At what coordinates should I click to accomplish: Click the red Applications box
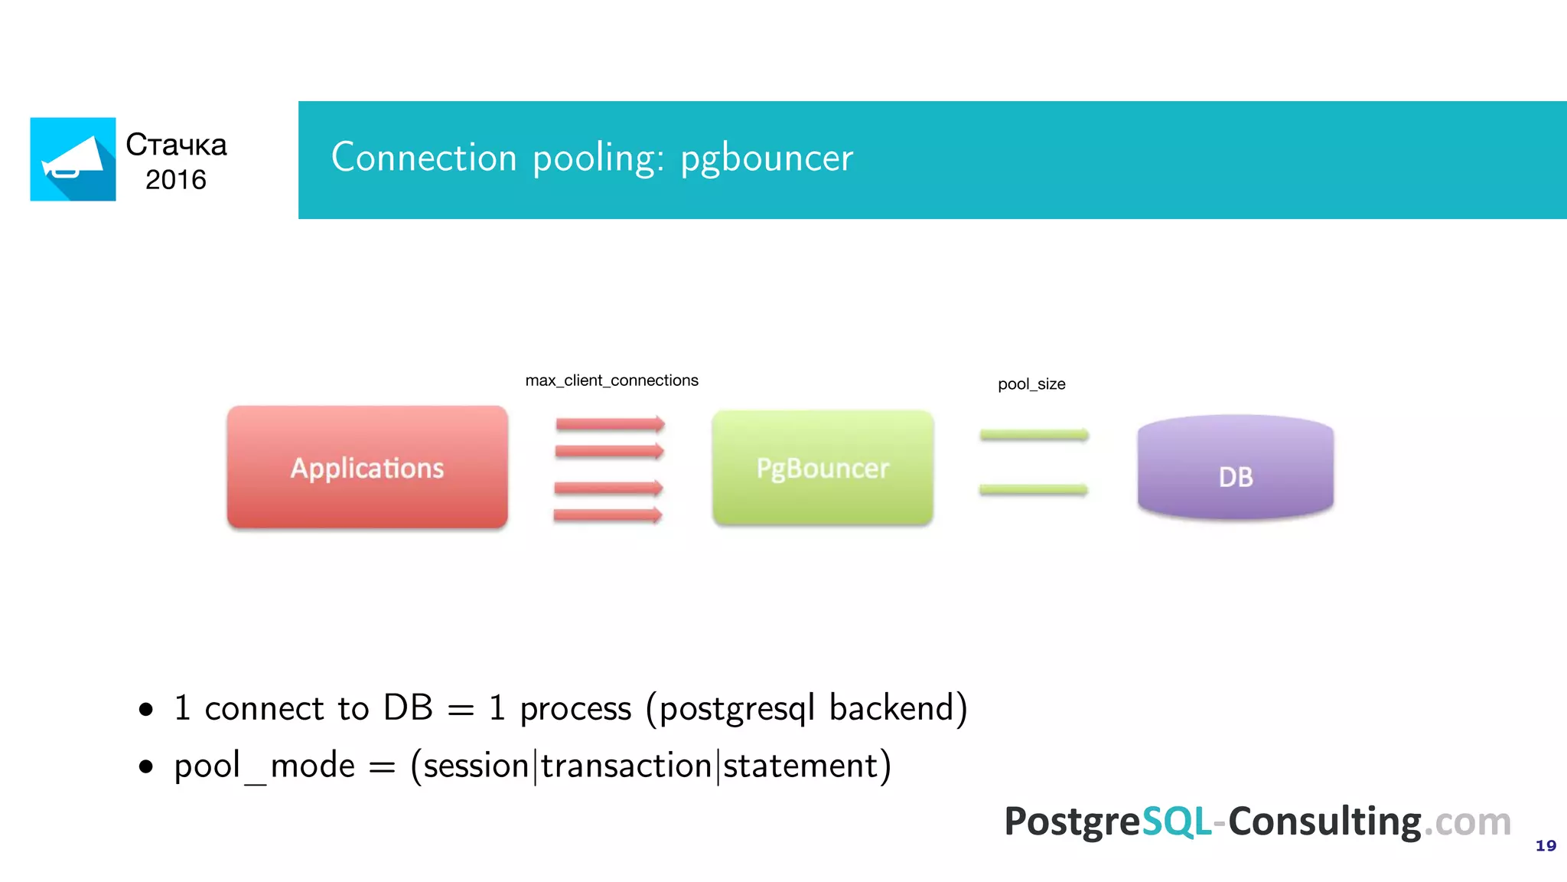367,467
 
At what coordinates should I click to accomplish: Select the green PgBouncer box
823,468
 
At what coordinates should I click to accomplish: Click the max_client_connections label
611,381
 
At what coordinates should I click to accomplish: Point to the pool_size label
1031,384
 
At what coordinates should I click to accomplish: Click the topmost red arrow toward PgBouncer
610,424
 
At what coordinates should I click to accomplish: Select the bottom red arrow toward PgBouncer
608,515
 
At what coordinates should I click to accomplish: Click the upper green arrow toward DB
1034,435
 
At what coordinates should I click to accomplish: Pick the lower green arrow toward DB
1033,489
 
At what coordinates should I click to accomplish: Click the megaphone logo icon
73,159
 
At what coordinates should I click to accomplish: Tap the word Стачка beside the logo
176,145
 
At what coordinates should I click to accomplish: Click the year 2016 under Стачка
176,180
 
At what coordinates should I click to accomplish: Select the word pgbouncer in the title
767,158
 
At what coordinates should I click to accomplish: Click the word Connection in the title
424,157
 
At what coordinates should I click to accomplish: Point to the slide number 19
1546,845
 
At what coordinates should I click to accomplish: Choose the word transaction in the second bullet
627,766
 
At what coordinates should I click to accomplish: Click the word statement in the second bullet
805,766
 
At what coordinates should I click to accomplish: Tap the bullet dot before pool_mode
146,766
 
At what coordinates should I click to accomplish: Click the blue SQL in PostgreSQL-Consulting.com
1176,822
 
